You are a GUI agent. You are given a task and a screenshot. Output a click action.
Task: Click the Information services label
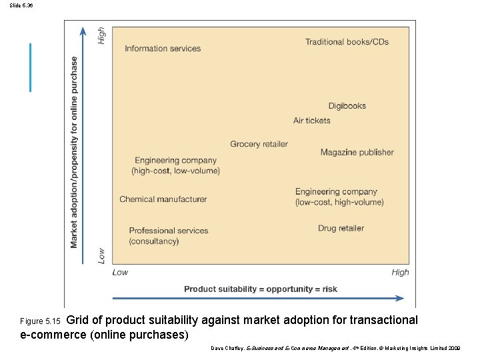[x=163, y=48]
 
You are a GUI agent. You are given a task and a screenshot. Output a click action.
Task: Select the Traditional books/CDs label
[x=347, y=42]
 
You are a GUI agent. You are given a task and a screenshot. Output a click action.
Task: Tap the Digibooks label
[x=347, y=106]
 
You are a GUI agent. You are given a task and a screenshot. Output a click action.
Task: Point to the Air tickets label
[x=311, y=121]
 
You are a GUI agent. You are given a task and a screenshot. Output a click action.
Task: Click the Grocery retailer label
[x=259, y=144]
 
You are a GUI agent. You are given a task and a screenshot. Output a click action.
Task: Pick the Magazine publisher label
[x=357, y=153]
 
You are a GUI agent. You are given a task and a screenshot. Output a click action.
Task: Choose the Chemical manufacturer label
[x=163, y=199]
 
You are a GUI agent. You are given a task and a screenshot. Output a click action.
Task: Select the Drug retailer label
[x=341, y=228]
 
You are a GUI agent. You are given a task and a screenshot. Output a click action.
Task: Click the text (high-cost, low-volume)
[x=175, y=171]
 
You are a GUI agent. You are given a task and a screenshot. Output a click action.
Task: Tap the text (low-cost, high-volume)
[x=339, y=202]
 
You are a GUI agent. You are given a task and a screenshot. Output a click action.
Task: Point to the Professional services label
[x=169, y=231]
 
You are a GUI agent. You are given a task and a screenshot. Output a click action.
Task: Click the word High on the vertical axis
[x=102, y=35]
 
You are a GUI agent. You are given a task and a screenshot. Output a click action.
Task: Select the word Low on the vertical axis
[x=102, y=255]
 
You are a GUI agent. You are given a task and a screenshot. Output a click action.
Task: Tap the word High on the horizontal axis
[x=400, y=272]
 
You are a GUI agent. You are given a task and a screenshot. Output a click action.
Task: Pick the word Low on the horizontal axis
[x=120, y=272]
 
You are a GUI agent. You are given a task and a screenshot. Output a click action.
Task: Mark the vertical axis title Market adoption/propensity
[x=74, y=152]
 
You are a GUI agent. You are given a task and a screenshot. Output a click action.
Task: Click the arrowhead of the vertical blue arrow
[x=83, y=31]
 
